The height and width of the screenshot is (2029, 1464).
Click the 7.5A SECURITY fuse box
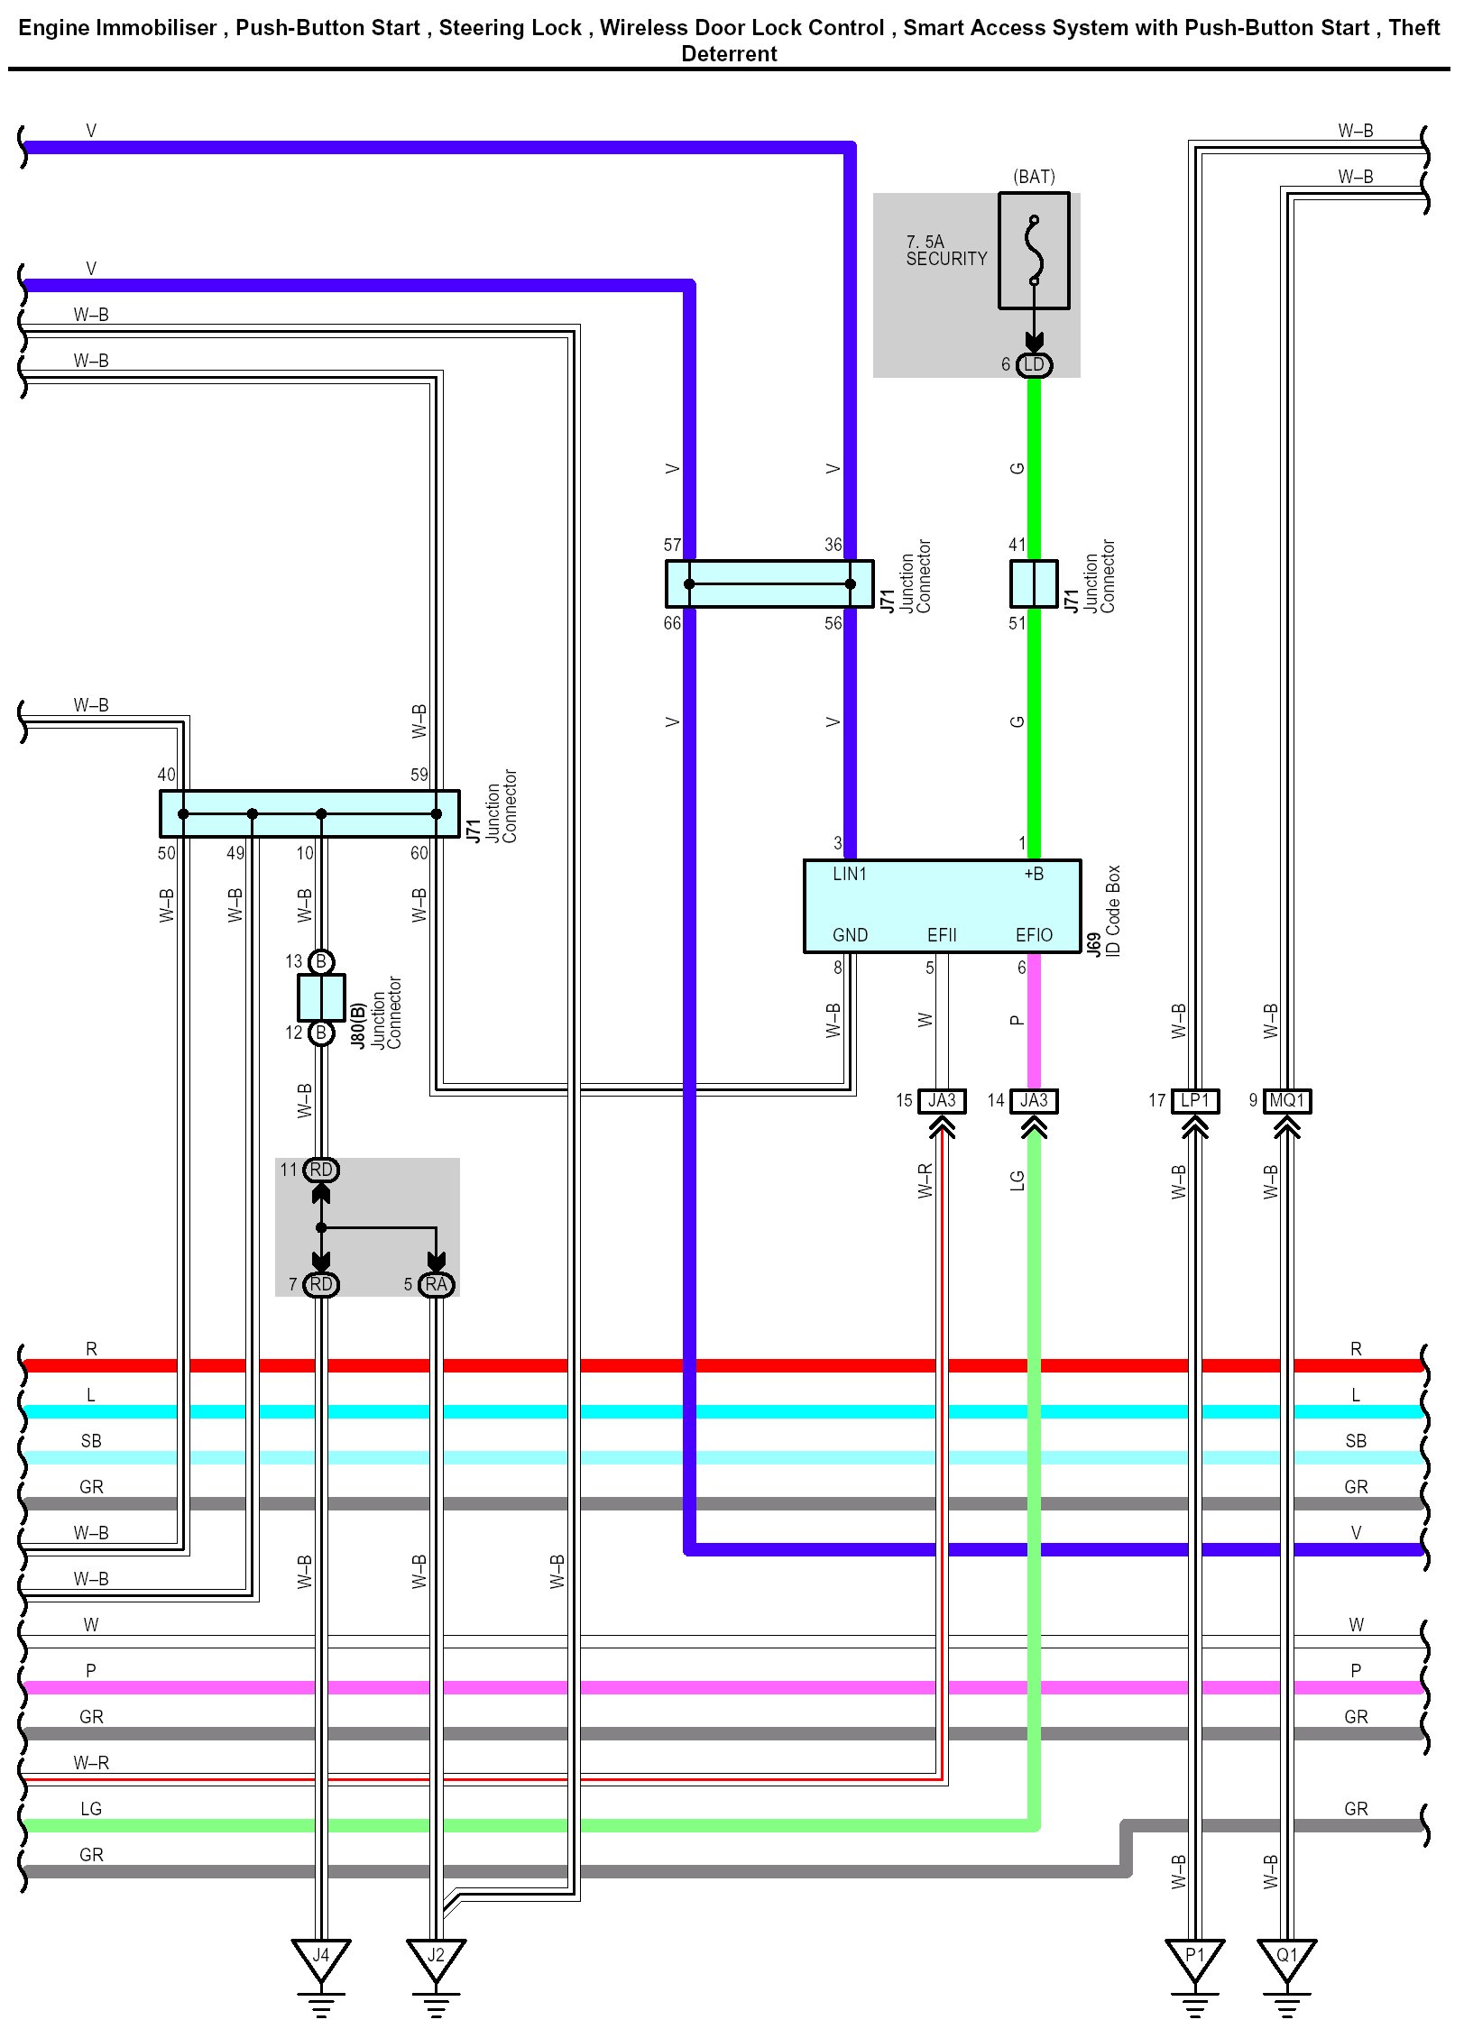[1034, 251]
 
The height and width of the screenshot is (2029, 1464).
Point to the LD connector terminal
[1034, 364]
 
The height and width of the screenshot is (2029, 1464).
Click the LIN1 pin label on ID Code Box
[850, 874]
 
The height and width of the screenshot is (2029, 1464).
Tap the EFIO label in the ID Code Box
[1034, 935]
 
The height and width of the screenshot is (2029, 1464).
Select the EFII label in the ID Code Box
[942, 935]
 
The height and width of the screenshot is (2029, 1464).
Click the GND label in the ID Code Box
[850, 935]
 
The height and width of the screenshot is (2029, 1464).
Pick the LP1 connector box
[1194, 1100]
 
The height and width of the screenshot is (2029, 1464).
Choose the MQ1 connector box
[1286, 1100]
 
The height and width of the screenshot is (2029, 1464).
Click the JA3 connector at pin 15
[942, 1100]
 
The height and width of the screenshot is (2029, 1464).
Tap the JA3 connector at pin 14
[1034, 1100]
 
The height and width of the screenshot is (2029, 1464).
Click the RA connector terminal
[437, 1284]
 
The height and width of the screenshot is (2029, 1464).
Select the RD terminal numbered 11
[321, 1170]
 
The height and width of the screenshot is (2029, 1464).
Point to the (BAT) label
[1034, 177]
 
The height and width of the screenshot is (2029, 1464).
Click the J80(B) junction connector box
[321, 997]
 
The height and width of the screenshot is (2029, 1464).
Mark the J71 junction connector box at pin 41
[1034, 583]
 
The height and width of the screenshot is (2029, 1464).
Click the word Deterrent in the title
[729, 54]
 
